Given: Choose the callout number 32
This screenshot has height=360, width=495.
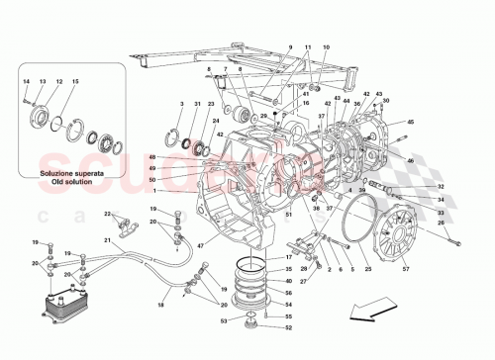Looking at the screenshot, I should coord(442,186).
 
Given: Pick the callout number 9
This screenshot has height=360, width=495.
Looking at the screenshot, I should coord(291,48).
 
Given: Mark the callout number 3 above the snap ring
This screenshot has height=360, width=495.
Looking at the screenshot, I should coord(181,105).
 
